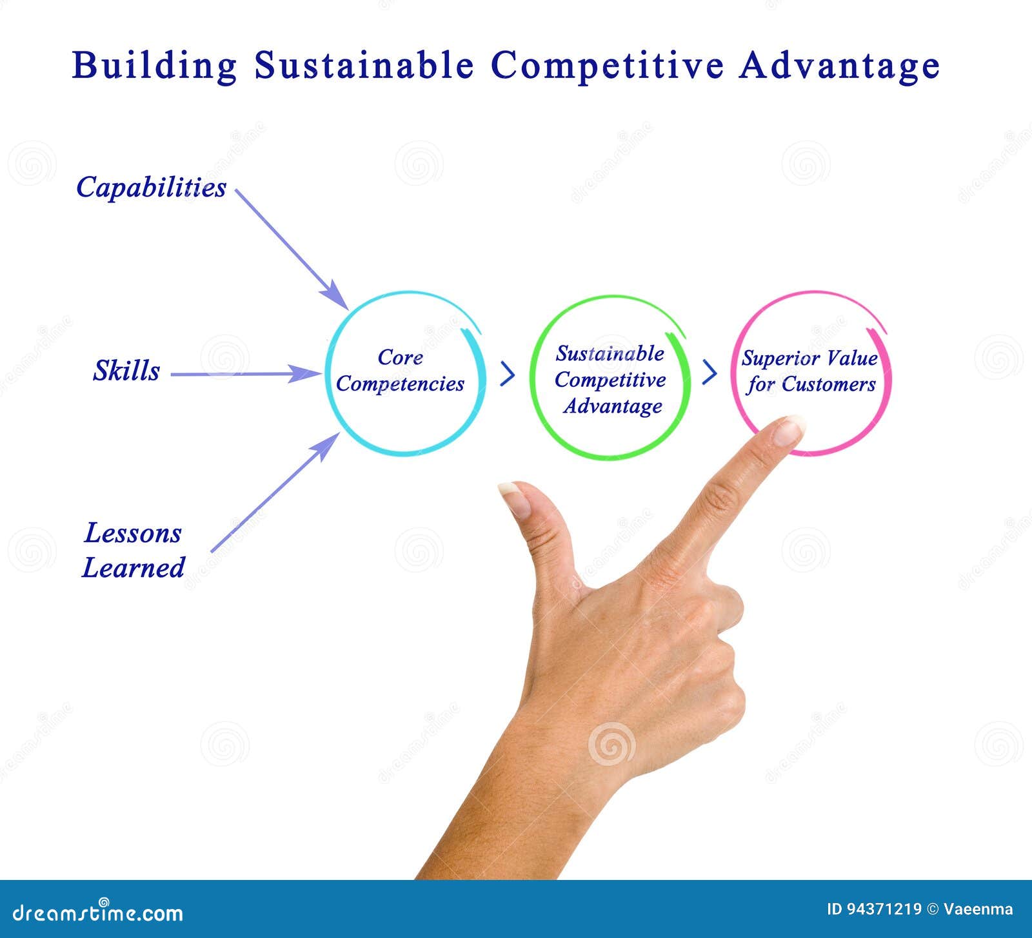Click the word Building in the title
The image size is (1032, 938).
155,66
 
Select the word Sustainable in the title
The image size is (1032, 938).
364,65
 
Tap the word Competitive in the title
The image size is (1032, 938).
607,66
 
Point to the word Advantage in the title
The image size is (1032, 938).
839,66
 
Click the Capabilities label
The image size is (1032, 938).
152,188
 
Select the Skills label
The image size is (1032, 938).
126,371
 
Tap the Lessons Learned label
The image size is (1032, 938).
134,550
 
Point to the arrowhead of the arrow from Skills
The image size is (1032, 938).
304,373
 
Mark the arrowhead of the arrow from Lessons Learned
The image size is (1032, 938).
327,444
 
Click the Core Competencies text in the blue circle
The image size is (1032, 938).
401,371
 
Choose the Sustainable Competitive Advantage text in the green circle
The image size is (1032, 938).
610,380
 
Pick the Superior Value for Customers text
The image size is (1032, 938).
810,371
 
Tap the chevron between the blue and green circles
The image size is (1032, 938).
508,374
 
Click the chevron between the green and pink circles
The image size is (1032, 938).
709,372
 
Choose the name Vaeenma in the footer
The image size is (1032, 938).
978,910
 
